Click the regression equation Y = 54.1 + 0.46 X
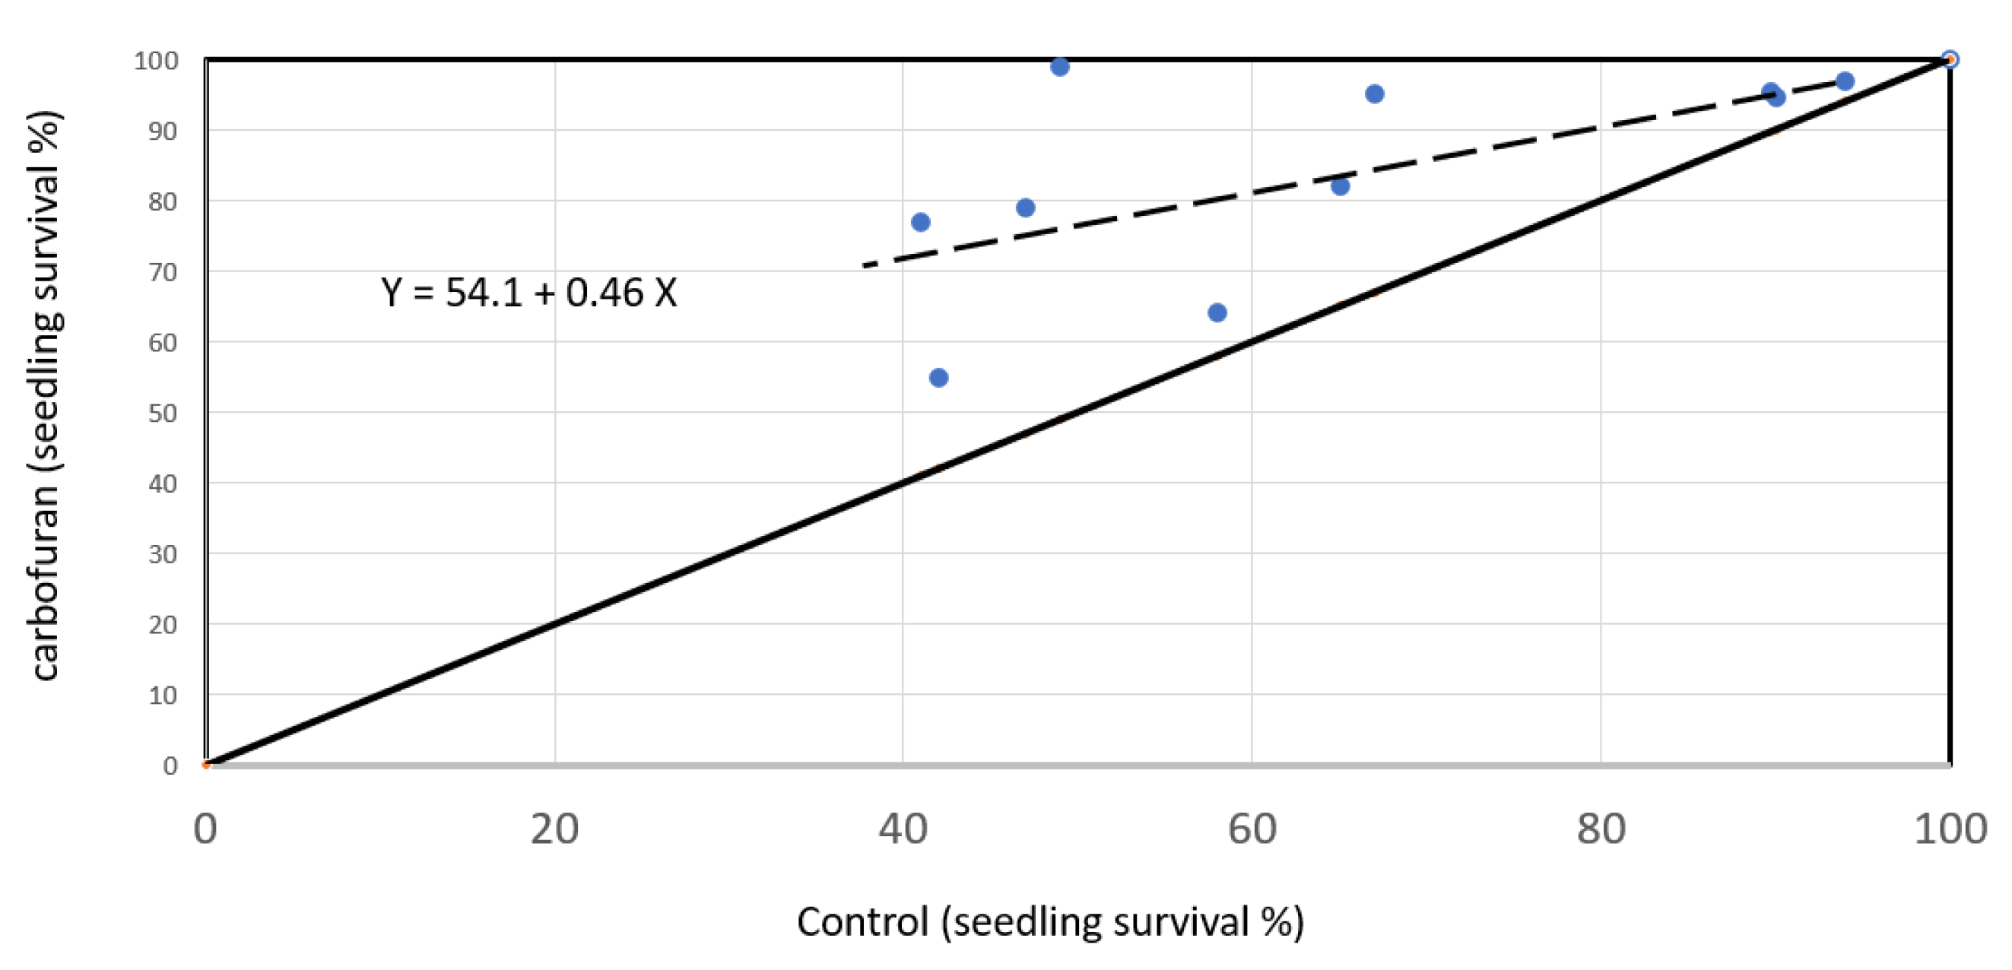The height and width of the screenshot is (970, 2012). [x=528, y=293]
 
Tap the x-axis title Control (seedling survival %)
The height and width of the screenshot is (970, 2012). [x=1050, y=921]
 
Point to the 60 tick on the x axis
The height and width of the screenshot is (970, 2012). [x=1252, y=829]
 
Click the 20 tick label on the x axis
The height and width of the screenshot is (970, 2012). [x=554, y=829]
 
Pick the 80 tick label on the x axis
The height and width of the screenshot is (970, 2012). [x=1601, y=829]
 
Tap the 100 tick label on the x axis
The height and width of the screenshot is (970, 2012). [x=1950, y=829]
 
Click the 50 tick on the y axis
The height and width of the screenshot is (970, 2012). [x=163, y=413]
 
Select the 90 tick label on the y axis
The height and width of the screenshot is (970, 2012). [x=163, y=132]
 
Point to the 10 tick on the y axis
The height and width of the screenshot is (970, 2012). [x=163, y=695]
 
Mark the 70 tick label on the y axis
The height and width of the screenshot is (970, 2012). [x=163, y=273]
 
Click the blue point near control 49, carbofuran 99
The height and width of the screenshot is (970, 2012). [x=1059, y=67]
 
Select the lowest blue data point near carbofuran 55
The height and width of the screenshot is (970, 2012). [x=939, y=378]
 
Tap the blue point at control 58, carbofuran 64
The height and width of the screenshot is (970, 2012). [x=1217, y=313]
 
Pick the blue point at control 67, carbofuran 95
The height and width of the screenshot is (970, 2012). [x=1375, y=94]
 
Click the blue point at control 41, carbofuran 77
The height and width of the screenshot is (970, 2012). [x=920, y=223]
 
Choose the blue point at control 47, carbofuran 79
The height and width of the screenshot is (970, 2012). [x=1026, y=208]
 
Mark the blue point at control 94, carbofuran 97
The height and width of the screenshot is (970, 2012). [x=1845, y=81]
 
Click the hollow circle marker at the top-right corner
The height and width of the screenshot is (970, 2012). [x=1950, y=59]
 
